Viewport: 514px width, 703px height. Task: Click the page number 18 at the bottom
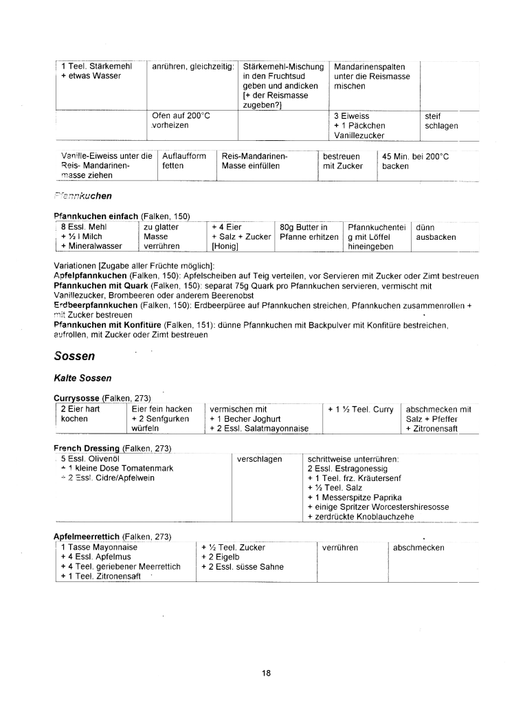pyautogui.click(x=266, y=673)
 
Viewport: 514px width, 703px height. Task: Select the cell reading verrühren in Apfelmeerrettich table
pyautogui.click(x=341, y=548)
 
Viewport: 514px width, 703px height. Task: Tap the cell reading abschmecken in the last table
pyautogui.click(x=418, y=548)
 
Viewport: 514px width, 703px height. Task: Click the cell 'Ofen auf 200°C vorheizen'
pyautogui.click(x=180, y=121)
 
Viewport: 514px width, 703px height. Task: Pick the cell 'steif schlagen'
pyautogui.click(x=441, y=121)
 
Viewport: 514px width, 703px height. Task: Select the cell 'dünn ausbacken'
pyautogui.click(x=436, y=232)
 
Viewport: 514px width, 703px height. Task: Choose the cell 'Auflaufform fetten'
pyautogui.click(x=184, y=161)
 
